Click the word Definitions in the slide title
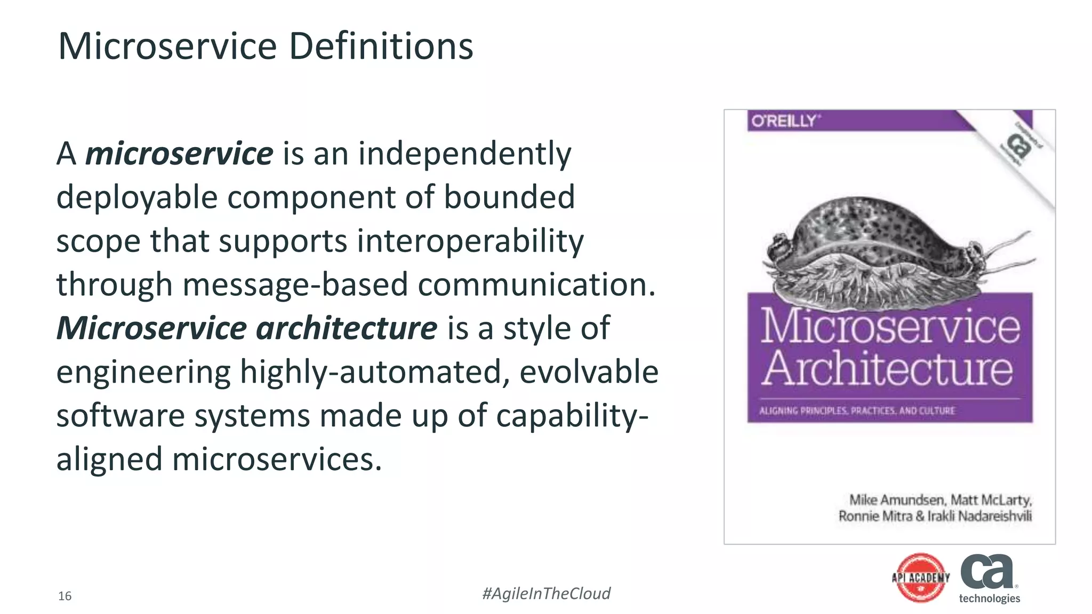click(381, 46)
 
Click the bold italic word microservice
click(179, 153)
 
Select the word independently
click(464, 153)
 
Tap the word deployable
click(136, 197)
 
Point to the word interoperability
click(470, 241)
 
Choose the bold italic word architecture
click(347, 328)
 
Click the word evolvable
click(589, 371)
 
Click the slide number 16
click(65, 596)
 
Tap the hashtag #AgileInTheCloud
click(546, 593)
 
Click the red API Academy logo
click(921, 578)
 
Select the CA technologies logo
click(989, 578)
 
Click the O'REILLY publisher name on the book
click(783, 122)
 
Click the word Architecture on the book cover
click(888, 369)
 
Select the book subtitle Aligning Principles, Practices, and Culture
click(857, 411)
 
